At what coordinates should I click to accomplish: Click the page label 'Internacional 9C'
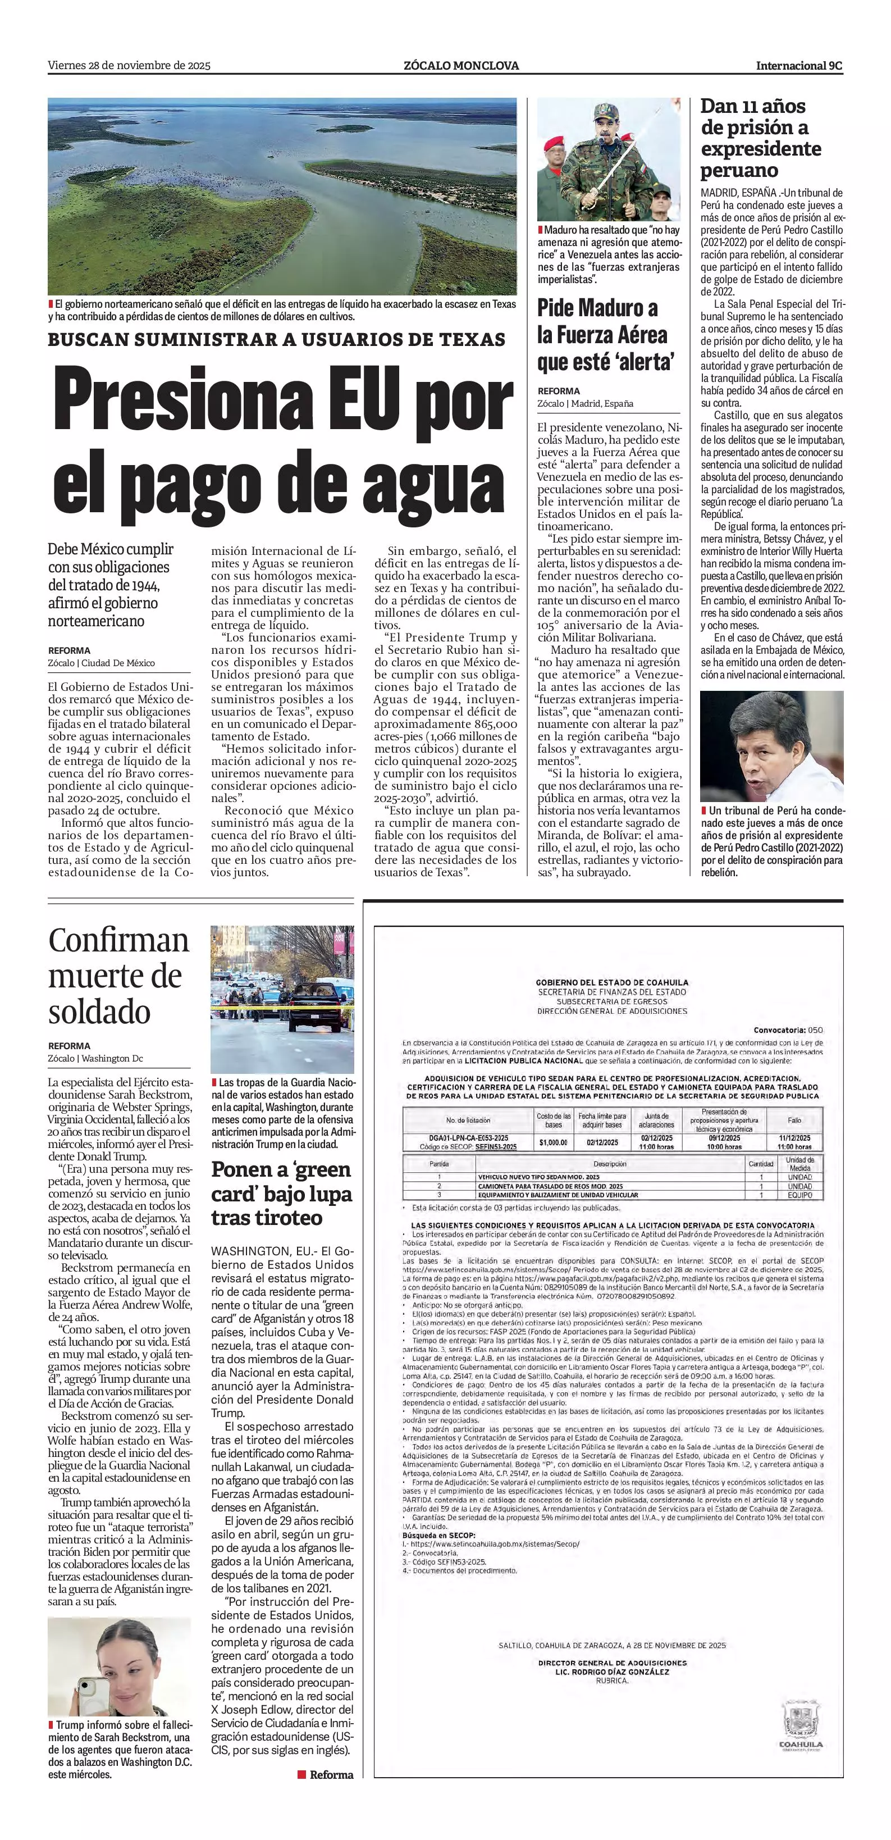(799, 66)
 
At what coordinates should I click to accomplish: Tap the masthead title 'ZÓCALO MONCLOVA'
(460, 66)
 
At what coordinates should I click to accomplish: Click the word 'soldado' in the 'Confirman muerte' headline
(99, 1012)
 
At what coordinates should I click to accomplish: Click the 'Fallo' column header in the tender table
(794, 1121)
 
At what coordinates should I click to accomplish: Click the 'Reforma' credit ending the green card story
(331, 1775)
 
